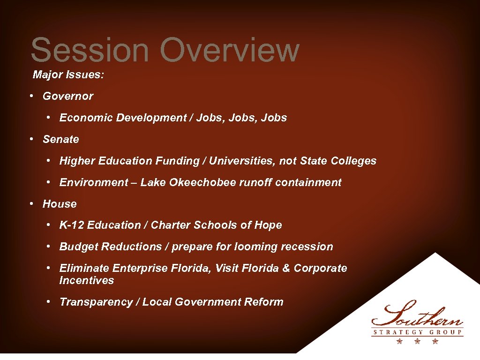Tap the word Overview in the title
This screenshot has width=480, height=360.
click(229, 50)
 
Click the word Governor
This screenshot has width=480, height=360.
click(68, 96)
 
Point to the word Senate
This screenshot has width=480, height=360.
click(61, 139)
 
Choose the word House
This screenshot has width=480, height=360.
click(60, 204)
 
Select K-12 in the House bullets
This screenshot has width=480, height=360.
click(72, 225)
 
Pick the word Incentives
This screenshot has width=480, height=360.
click(87, 280)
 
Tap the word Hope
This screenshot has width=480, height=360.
click(268, 225)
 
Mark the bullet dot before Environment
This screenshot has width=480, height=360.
click(49, 182)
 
